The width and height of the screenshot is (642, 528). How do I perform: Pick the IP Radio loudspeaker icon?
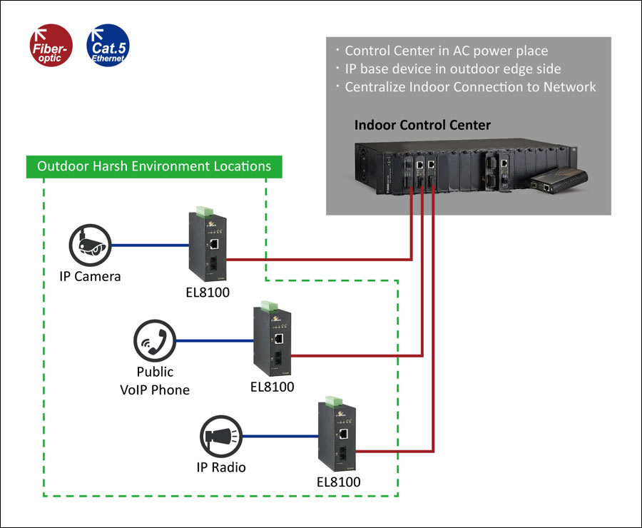point(220,434)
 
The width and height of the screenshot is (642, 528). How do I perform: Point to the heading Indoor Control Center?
point(422,126)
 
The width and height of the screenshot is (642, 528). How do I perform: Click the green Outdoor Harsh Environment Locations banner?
point(154,166)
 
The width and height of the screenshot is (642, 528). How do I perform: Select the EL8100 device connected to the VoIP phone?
point(272,340)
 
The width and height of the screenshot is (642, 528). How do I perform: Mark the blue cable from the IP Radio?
point(280,435)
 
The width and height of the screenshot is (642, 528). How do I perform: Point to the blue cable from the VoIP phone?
point(213,341)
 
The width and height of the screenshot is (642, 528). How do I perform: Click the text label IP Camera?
point(90,276)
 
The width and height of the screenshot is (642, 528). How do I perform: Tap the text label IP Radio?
point(221,467)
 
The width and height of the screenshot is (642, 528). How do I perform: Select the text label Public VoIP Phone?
point(154,381)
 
